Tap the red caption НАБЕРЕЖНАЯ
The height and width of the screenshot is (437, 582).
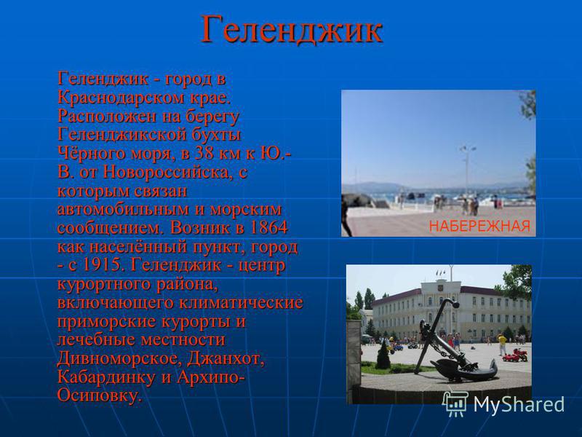[479, 226]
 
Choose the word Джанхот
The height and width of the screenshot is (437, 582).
[226, 358]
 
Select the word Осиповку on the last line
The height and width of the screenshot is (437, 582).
[99, 395]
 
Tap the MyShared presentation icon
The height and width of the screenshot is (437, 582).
[456, 403]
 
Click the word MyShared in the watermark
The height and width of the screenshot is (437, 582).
[519, 404]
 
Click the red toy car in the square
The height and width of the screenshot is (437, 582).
[515, 355]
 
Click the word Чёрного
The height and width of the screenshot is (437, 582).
[90, 153]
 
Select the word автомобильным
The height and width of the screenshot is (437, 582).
[123, 209]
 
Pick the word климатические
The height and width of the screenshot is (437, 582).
[241, 302]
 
